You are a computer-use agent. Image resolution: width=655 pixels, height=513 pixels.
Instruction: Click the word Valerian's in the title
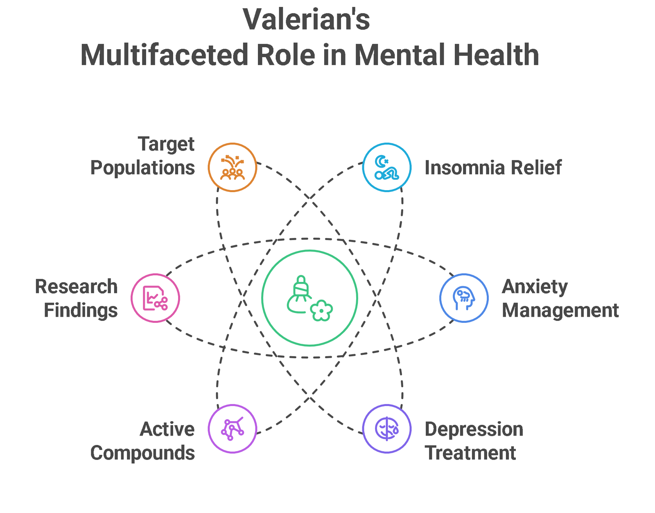[306, 20]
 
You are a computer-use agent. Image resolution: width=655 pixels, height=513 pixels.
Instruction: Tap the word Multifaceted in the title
[164, 55]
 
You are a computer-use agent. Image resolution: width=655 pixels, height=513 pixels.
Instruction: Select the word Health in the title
[496, 55]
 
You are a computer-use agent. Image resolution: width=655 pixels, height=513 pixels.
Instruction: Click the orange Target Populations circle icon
[233, 167]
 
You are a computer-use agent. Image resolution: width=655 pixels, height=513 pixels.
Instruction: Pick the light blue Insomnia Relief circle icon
[387, 167]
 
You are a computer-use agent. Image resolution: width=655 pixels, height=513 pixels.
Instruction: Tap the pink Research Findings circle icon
[155, 298]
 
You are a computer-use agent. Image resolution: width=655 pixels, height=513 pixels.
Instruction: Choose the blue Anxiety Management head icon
[464, 298]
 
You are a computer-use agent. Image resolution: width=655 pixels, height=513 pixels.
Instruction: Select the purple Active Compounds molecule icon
[233, 429]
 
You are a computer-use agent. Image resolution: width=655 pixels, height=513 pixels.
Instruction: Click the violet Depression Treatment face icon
[387, 429]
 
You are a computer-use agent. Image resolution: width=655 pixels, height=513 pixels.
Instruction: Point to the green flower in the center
[321, 310]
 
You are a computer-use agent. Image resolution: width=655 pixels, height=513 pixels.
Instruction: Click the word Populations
[142, 168]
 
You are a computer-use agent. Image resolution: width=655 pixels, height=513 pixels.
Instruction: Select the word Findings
[81, 310]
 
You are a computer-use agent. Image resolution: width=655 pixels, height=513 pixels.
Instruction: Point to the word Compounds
[142, 453]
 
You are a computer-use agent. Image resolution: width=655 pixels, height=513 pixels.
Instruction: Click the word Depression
[474, 429]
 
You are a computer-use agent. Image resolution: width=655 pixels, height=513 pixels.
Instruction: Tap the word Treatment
[470, 453]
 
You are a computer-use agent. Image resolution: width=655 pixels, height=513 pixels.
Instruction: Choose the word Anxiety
[535, 286]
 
